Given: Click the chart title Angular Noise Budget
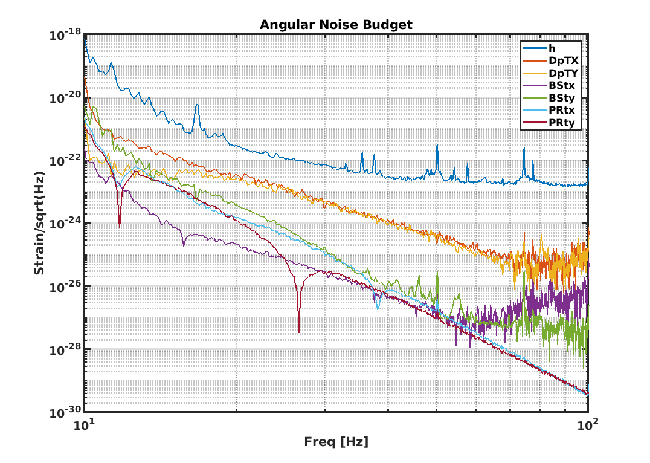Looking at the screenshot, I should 336,25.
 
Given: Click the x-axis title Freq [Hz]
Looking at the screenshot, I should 336,442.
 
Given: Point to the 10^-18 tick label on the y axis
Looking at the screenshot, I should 65,36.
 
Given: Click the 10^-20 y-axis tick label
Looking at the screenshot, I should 65,98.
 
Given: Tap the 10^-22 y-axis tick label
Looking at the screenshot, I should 65,161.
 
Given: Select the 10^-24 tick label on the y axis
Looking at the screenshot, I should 65,224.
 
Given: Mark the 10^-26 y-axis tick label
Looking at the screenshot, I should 65,287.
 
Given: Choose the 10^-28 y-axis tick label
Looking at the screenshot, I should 65,349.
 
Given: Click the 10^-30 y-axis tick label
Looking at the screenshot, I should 65,412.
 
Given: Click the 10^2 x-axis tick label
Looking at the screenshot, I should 588,425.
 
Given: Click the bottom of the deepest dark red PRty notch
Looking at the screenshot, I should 298,332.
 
